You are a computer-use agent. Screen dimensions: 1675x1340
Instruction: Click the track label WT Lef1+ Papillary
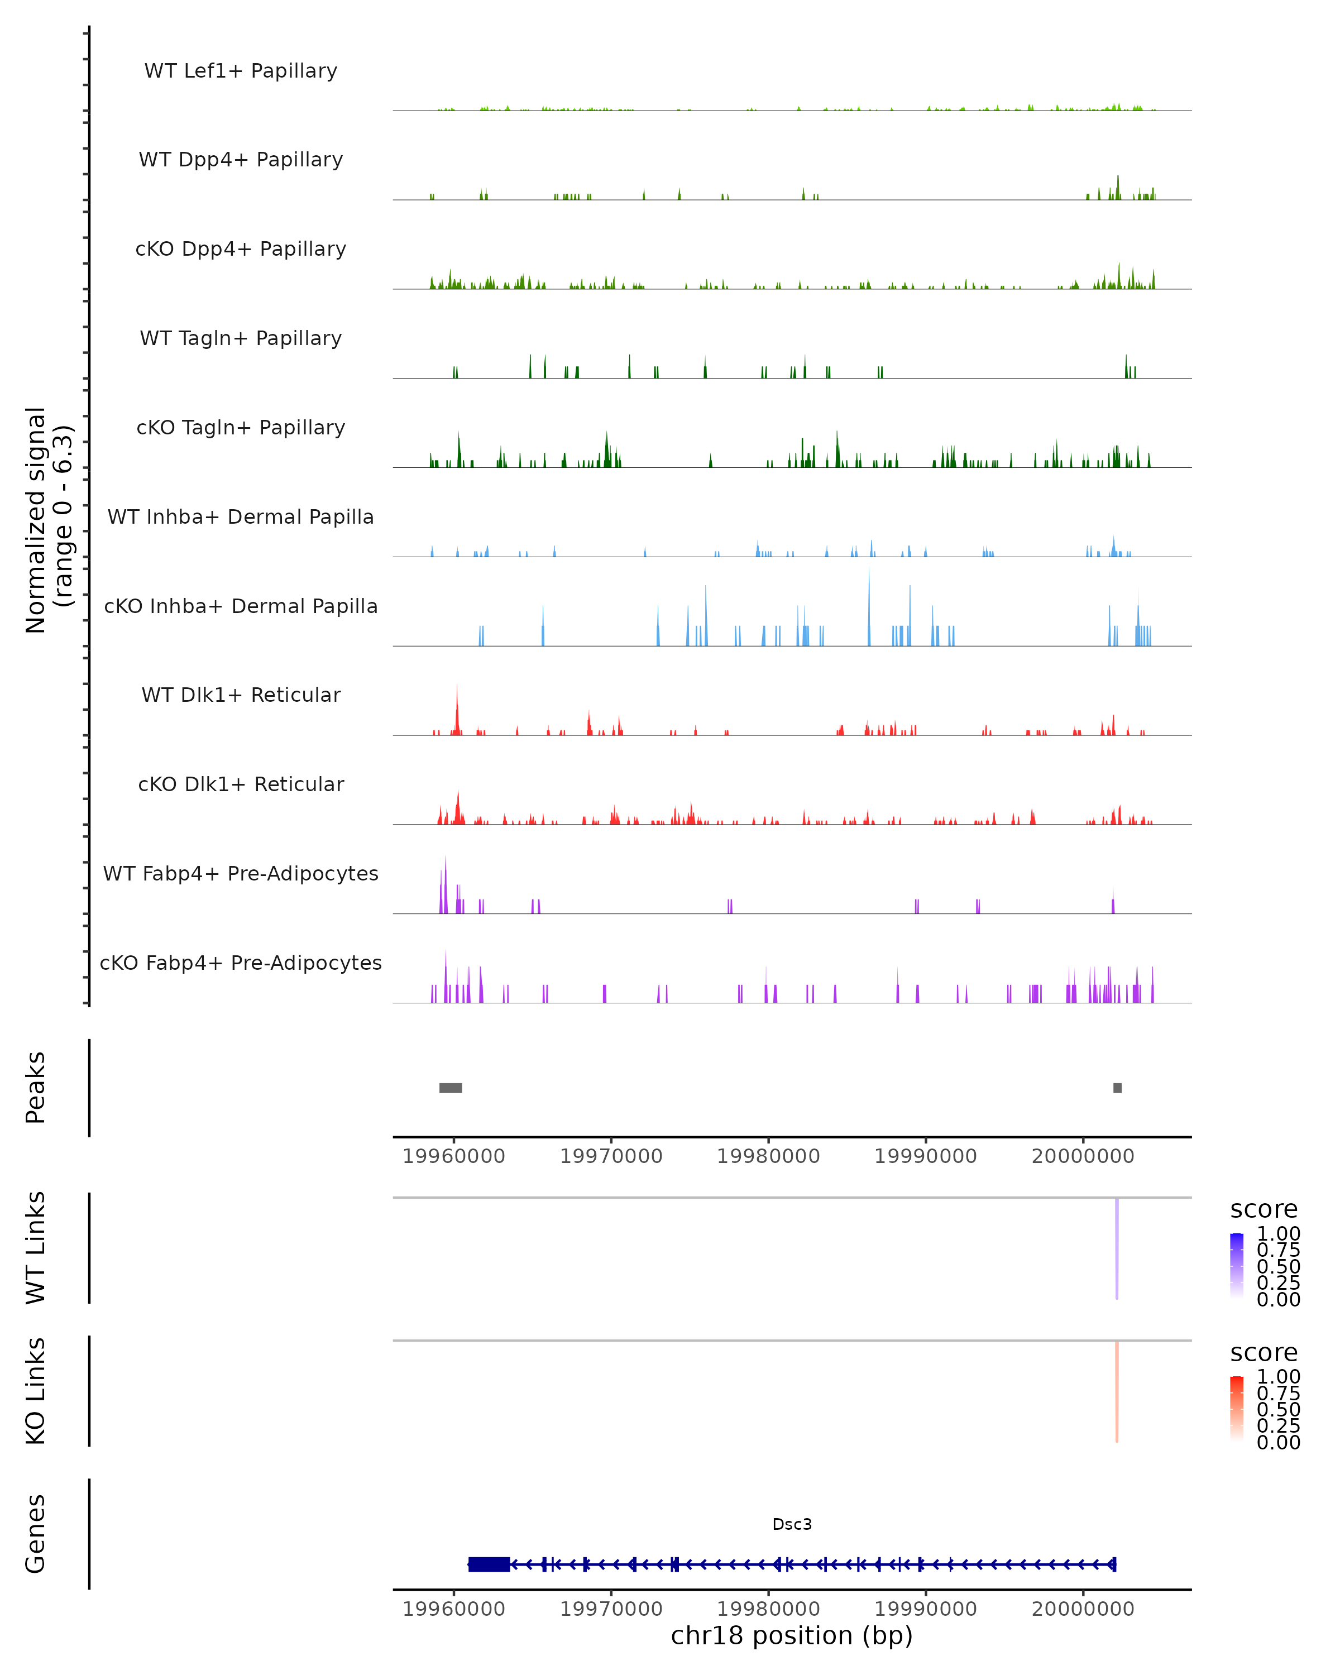click(241, 71)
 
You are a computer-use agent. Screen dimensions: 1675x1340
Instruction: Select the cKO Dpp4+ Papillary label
click(241, 248)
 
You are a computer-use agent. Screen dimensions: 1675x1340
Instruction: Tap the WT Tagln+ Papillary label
click(241, 338)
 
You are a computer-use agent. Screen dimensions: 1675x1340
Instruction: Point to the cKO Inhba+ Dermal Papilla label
click(241, 606)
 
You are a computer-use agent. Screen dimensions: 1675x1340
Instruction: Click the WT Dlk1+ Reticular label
click(241, 695)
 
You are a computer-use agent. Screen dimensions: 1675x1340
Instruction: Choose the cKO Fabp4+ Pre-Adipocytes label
click(241, 963)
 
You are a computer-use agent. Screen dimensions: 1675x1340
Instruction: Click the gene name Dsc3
click(792, 1524)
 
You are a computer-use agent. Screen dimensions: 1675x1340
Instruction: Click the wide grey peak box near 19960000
click(451, 1088)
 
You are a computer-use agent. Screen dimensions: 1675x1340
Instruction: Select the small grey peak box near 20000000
click(1117, 1088)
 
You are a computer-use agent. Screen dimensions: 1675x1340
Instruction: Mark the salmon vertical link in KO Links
click(1117, 1391)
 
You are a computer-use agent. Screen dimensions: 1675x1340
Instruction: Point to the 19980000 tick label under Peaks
click(768, 1156)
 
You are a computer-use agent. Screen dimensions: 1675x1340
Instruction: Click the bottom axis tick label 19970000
click(611, 1609)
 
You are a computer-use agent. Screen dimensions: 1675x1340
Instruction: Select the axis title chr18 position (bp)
click(792, 1636)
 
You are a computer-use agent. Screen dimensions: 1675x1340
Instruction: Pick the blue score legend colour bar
click(1237, 1265)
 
